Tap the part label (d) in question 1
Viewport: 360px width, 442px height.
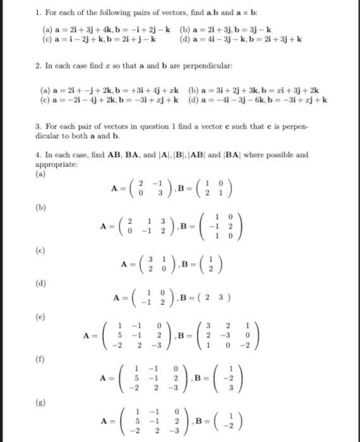tap(186, 39)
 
